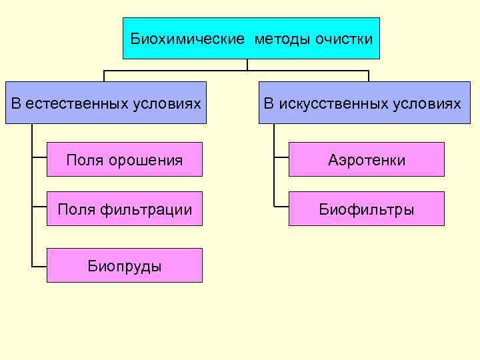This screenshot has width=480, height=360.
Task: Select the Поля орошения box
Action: click(124, 159)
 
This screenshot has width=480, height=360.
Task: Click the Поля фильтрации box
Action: click(124, 209)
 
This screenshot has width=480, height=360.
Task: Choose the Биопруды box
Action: click(124, 265)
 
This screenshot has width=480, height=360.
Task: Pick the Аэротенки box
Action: click(366, 159)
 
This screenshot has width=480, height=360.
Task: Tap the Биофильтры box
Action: click(366, 209)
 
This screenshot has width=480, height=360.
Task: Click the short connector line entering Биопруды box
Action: click(39, 265)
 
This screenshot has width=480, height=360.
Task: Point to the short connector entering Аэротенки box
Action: click(281, 159)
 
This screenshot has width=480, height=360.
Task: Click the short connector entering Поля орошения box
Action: click(39, 159)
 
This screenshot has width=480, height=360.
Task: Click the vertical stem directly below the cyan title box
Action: click(247, 65)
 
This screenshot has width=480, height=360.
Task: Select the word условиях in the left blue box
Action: click(169, 103)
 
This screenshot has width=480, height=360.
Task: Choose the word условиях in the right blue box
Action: click(430, 103)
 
